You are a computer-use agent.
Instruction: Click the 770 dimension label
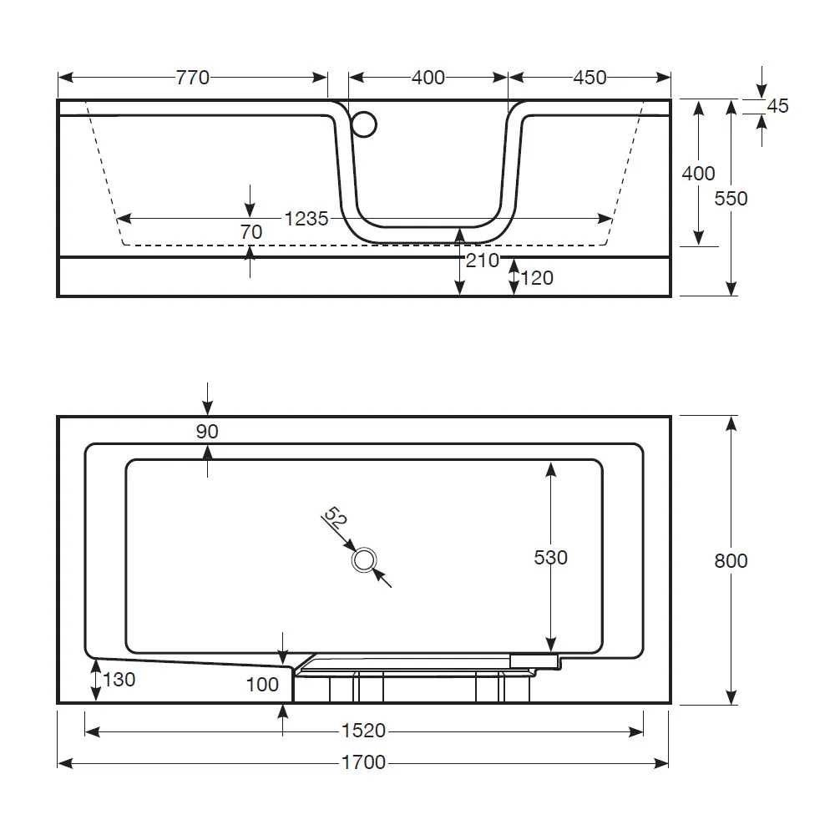point(192,78)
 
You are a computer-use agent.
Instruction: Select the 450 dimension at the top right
point(590,78)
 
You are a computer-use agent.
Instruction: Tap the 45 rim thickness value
point(777,106)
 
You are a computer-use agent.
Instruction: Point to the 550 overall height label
point(731,199)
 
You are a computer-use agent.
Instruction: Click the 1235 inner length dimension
point(306,219)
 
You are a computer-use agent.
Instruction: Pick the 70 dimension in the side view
point(250,232)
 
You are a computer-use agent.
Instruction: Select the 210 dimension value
point(482,261)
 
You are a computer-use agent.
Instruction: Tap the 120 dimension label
point(537,278)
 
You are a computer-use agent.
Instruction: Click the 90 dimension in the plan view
point(206,431)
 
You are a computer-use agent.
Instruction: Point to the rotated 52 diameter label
point(335,519)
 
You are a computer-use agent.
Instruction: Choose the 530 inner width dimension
point(550,557)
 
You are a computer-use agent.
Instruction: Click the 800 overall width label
point(731,560)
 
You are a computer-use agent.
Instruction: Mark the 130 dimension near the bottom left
point(119,680)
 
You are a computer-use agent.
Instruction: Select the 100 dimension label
point(262,685)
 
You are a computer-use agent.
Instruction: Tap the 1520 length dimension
point(364,731)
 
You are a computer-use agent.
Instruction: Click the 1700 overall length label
point(364,762)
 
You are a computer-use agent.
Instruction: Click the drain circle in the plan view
point(364,560)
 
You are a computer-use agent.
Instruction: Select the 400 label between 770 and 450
point(428,78)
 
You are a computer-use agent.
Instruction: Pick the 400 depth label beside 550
point(698,174)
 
